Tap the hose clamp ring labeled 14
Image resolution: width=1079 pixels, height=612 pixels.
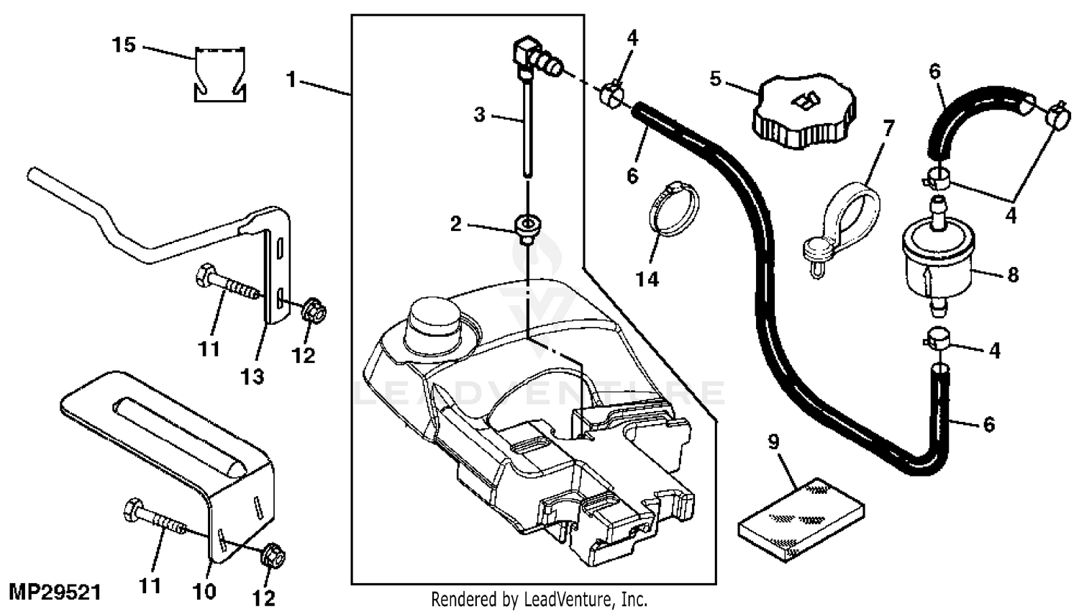(x=674, y=209)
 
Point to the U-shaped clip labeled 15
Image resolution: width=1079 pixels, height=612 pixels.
(x=219, y=74)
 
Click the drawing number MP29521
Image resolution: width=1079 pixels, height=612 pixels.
(x=51, y=593)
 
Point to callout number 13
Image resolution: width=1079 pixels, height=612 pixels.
(x=252, y=376)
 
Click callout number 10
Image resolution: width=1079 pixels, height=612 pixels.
(x=205, y=592)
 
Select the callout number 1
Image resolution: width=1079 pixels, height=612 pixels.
(x=291, y=78)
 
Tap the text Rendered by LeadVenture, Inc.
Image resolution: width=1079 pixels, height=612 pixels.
(x=539, y=599)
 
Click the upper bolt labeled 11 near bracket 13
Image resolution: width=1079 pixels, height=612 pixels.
(x=227, y=285)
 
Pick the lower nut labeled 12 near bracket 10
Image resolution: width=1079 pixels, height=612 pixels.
(x=271, y=553)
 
